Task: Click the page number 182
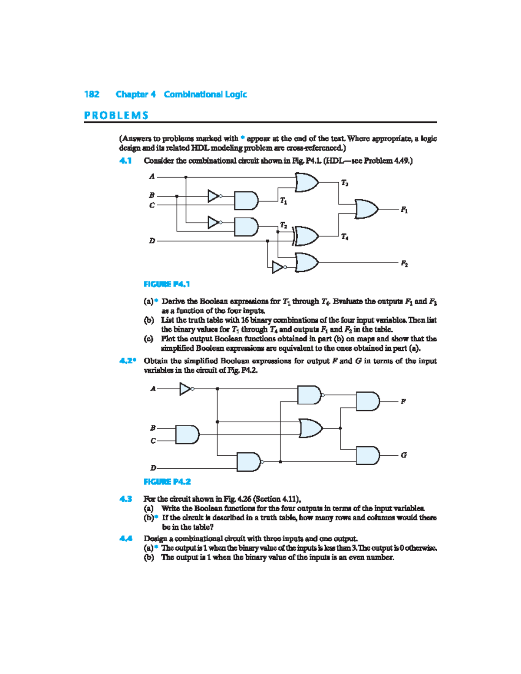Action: (92, 94)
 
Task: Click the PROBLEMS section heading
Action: (116, 115)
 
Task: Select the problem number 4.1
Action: (125, 161)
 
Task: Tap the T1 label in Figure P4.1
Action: (284, 201)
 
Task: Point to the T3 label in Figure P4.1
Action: (344, 183)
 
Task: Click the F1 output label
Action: (404, 210)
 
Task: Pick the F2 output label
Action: (404, 263)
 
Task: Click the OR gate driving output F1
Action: (366, 209)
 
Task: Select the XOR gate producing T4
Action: (306, 236)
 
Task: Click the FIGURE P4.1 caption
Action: (167, 284)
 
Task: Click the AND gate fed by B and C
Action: (187, 434)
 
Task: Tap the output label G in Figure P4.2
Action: (404, 455)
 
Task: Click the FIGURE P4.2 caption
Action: (167, 482)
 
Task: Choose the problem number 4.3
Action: (125, 499)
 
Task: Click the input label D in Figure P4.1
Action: (152, 240)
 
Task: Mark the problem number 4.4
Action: (125, 539)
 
